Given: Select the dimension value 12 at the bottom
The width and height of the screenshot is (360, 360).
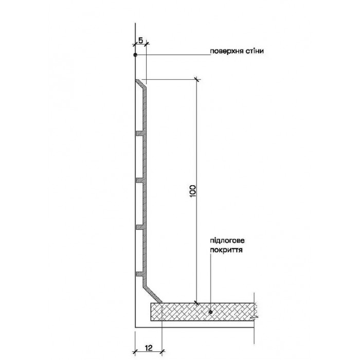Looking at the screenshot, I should coord(148,348).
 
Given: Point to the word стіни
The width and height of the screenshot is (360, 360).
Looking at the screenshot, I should coord(255,52).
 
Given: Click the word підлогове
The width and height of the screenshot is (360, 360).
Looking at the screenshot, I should coord(227,240).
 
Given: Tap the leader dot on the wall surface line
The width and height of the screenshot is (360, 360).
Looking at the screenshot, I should coord(135,55).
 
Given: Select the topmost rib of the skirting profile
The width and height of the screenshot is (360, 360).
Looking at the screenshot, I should coord(140,134).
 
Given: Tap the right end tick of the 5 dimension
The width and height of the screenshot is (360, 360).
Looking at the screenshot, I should coord(146,45).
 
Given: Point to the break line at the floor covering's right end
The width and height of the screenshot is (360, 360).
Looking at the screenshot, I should coord(256,312).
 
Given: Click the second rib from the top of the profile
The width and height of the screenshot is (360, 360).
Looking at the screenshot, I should coord(140,180).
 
